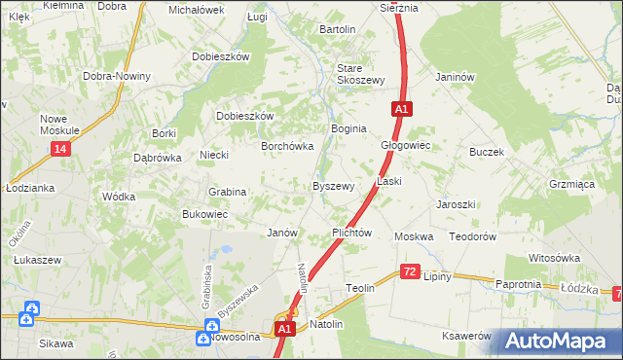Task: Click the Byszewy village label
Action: tap(332, 186)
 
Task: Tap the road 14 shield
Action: tap(61, 148)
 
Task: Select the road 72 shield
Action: tap(409, 275)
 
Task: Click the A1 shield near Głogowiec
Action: tap(400, 109)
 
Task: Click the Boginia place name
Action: tap(348, 128)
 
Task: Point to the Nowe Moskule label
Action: tap(59, 125)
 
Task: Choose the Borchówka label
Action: tap(286, 146)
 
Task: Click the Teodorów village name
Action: tap(473, 236)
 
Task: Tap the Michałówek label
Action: tap(196, 10)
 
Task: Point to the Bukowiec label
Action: tap(204, 214)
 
